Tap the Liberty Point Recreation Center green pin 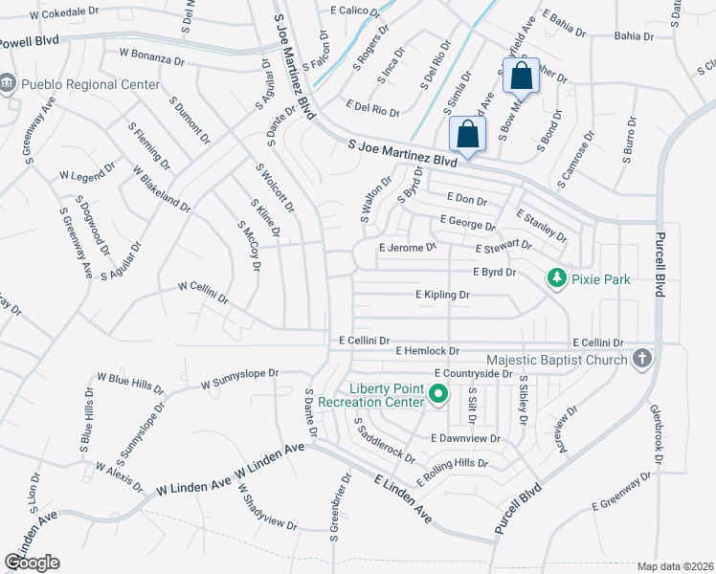[438, 393]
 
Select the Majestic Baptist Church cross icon [641, 359]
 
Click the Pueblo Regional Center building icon [8, 83]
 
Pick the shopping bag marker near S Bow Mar [520, 76]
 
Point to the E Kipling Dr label [442, 296]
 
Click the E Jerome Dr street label [407, 247]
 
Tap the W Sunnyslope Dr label [239, 379]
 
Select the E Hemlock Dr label [428, 351]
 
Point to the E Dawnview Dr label [466, 438]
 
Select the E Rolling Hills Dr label [451, 472]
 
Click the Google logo [32, 563]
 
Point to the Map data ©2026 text [674, 566]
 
